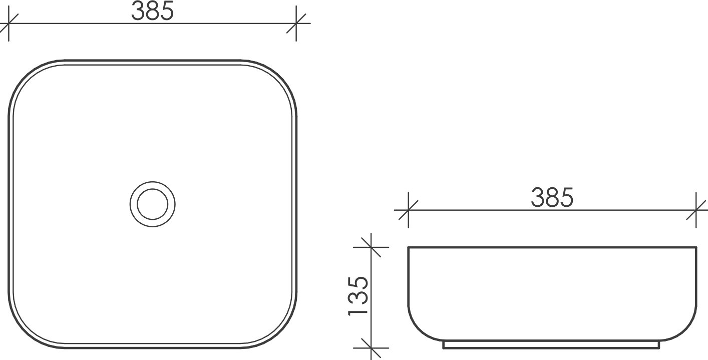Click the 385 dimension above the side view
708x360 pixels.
click(552, 199)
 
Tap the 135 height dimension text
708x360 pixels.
click(359, 295)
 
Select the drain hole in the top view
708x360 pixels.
click(153, 203)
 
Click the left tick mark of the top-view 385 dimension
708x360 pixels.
click(9, 24)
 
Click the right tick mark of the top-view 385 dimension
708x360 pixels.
click(296, 24)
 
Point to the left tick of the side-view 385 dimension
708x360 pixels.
click(409, 210)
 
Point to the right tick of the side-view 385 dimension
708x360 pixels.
click(696, 210)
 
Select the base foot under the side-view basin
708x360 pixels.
click(552, 345)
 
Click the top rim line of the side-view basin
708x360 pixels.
click(552, 247)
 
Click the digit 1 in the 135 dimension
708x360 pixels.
click(359, 311)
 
